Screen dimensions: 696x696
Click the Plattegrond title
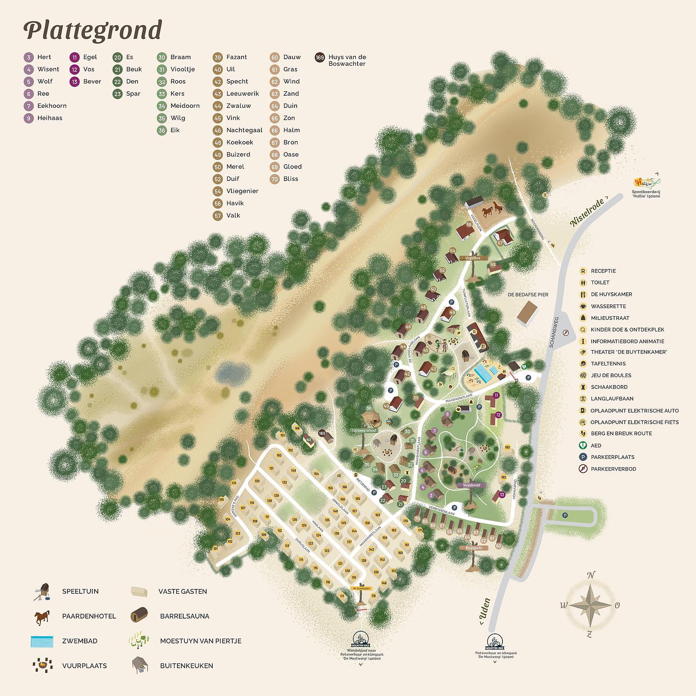click(x=92, y=30)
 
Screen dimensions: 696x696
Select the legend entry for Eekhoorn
click(x=52, y=106)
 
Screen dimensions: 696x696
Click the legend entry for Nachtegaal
click(x=244, y=130)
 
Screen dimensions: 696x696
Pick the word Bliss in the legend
click(x=291, y=179)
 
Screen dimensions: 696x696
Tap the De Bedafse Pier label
click(x=528, y=294)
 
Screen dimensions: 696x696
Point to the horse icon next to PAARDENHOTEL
click(x=42, y=616)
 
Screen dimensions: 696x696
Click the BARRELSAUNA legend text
click(x=184, y=616)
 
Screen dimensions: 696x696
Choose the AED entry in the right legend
click(x=596, y=445)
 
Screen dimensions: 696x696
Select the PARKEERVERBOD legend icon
click(x=582, y=469)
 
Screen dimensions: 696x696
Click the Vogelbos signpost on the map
click(x=472, y=258)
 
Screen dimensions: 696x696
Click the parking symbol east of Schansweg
click(x=565, y=515)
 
